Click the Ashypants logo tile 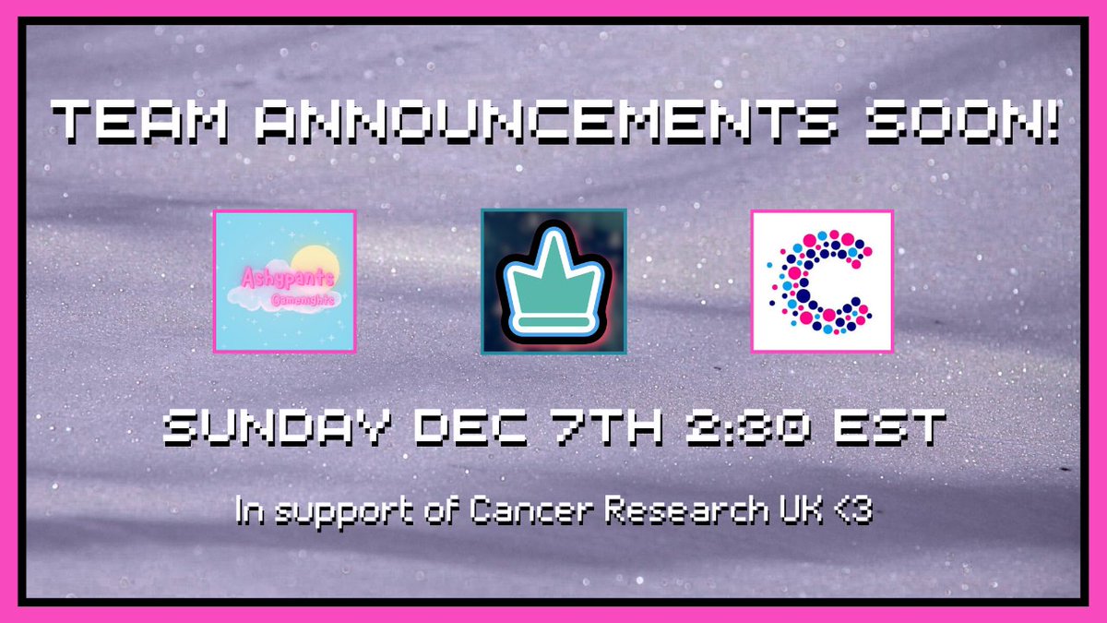click(x=284, y=282)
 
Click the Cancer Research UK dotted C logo click(x=821, y=282)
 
